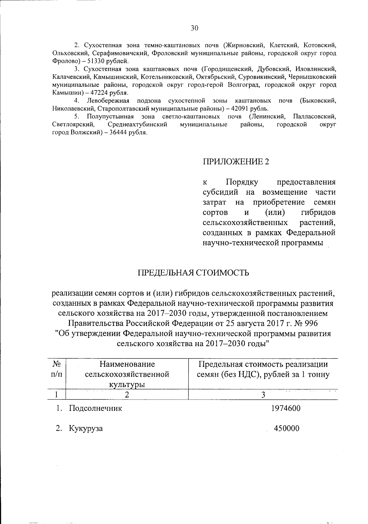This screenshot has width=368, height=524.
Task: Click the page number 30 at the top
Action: tap(194, 28)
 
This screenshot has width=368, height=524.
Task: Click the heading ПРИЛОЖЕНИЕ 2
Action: tap(236, 162)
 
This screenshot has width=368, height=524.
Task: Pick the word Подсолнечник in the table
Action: tap(95, 408)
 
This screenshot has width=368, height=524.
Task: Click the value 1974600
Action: tap(286, 408)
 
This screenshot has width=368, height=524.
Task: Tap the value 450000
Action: tap(286, 428)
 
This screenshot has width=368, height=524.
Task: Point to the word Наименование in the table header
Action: tap(127, 364)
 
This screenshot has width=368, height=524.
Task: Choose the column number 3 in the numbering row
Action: tap(263, 395)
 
